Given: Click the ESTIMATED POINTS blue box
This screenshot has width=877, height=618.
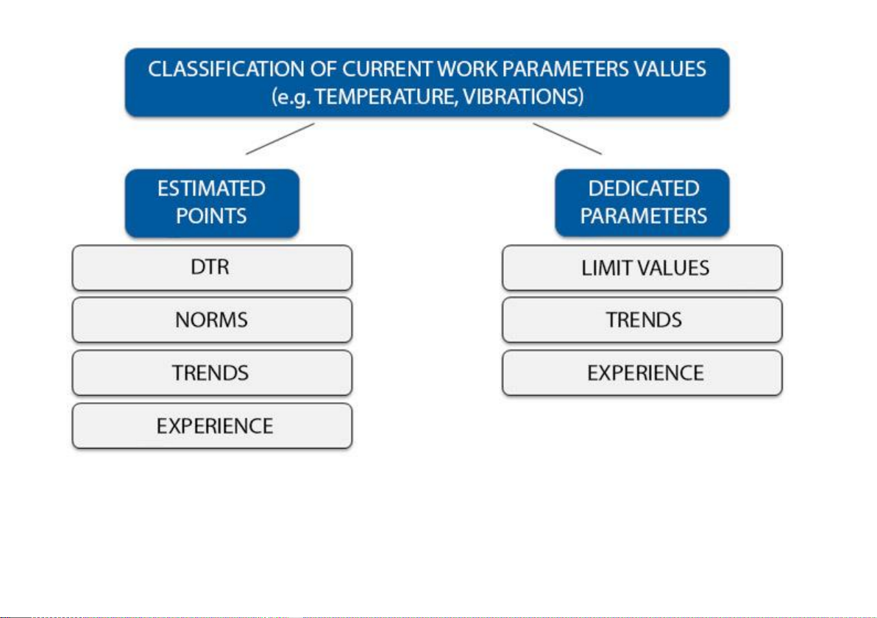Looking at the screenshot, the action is [x=212, y=203].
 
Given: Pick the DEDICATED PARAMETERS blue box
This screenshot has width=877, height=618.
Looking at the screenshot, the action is [x=642, y=203].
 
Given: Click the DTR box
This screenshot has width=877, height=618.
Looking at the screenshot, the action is [x=212, y=268].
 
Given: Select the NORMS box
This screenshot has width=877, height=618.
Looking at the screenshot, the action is [x=212, y=321].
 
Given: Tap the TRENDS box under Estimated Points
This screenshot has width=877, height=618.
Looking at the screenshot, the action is [x=212, y=373].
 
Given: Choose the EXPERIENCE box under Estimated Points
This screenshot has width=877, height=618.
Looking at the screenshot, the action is [x=212, y=426].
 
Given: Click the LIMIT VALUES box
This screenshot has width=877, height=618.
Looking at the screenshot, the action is [x=642, y=268].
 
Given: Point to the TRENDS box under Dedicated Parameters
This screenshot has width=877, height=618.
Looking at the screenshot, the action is [x=642, y=321].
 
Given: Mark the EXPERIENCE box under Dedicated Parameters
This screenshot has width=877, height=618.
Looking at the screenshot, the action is [x=642, y=373].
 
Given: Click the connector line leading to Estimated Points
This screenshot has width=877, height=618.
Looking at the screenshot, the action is [x=280, y=139].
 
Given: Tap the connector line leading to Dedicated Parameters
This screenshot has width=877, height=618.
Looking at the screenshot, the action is [x=567, y=139].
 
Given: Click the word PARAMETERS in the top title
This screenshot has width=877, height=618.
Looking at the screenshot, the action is [x=566, y=69].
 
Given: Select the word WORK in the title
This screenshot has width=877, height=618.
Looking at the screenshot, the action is [x=467, y=69].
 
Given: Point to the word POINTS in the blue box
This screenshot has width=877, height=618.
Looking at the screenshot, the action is [x=211, y=216].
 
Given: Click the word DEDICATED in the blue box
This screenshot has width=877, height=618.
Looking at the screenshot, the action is [x=644, y=188].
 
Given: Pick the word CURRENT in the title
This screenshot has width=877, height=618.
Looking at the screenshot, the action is [x=387, y=69].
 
